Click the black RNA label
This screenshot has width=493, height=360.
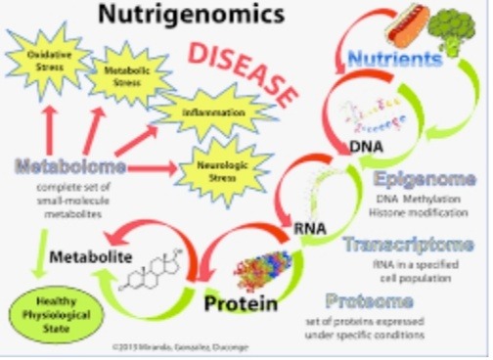[310, 230]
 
